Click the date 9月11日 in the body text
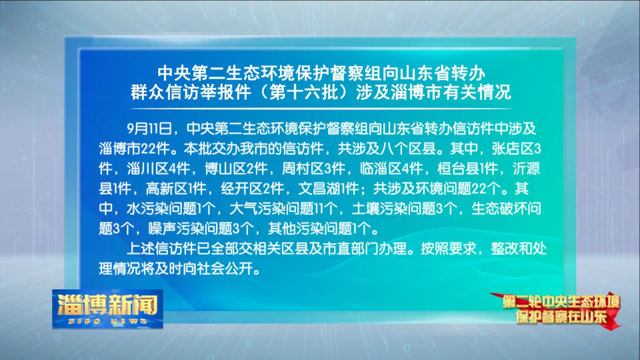149,129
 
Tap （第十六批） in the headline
304,92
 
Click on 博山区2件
236,169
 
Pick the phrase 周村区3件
313,169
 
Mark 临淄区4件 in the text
391,169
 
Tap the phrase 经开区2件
252,189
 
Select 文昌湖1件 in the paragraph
329,189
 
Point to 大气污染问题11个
284,209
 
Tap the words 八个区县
408,149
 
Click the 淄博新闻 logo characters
108,305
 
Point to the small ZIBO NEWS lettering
108,321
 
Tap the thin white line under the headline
321,109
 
